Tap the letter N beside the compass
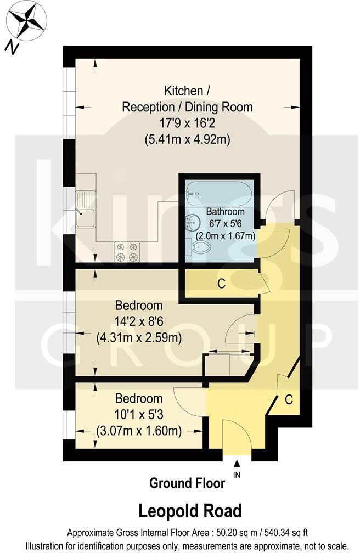pyautogui.click(x=10, y=48)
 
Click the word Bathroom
pyautogui.click(x=225, y=212)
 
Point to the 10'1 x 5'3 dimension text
pyautogui.click(x=138, y=415)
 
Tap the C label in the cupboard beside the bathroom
pyautogui.click(x=221, y=284)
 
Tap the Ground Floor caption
pyautogui.click(x=187, y=483)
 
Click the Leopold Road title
pyautogui.click(x=189, y=511)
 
